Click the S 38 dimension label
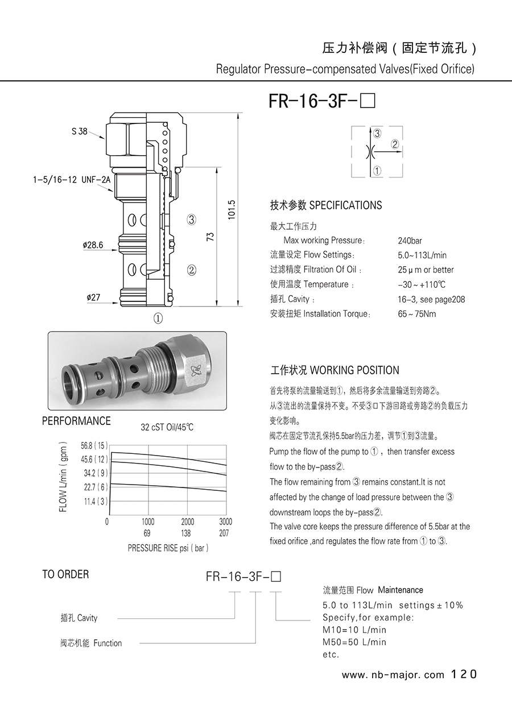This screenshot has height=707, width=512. coord(80,131)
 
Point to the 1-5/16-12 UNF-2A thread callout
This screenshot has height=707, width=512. coord(72,180)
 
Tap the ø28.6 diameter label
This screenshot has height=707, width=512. coord(93,245)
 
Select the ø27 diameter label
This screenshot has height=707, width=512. coord(93,297)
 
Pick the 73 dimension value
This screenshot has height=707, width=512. coord(210,237)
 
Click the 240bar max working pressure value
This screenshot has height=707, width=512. coord(410,241)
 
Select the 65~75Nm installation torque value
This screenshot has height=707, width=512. coord(417,314)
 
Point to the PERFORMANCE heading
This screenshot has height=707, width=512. coord(76,421)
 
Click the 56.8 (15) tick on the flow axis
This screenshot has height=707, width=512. coord(94,445)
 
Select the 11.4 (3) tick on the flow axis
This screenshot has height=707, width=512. coord(94,501)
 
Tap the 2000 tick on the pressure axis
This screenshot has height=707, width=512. coord(187,522)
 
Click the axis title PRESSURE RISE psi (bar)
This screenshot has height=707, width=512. coord(168,548)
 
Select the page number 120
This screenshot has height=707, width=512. coord(464,675)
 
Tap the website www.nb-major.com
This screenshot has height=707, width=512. coord(393,675)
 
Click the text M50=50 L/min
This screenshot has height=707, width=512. coord(354,642)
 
